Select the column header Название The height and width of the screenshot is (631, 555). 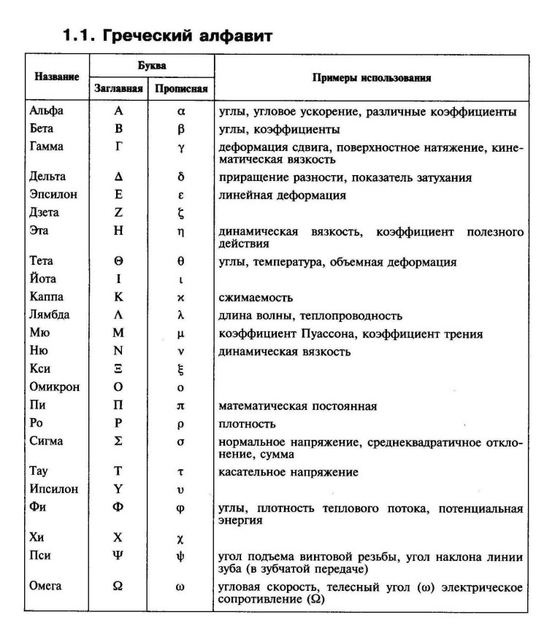coord(57,76)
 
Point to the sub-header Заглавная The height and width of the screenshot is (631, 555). coord(118,90)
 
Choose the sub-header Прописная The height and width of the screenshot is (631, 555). coord(181,90)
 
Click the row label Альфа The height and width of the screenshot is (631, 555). coord(47,112)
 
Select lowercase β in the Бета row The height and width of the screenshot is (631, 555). coord(180,130)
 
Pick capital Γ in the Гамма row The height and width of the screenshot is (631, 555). coord(118,147)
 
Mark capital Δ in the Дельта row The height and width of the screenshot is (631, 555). coord(118,177)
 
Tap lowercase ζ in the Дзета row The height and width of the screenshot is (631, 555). coord(180,214)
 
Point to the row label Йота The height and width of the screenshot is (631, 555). coord(43,279)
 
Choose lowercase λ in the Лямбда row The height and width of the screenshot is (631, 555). coord(180,316)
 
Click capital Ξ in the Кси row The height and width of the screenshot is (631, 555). coord(118,369)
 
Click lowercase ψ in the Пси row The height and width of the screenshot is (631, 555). coord(180,557)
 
